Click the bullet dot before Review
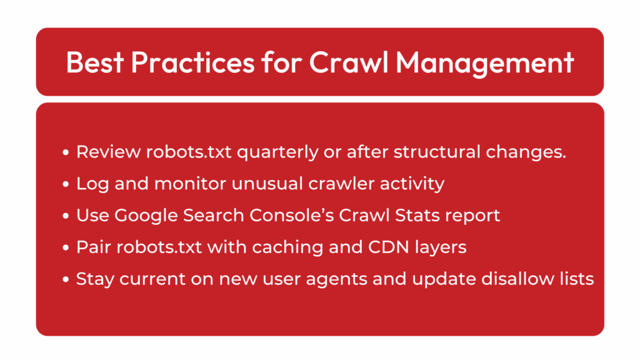(x=66, y=152)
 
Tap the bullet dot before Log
(x=66, y=184)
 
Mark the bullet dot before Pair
(x=66, y=247)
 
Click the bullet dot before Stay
(x=66, y=279)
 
